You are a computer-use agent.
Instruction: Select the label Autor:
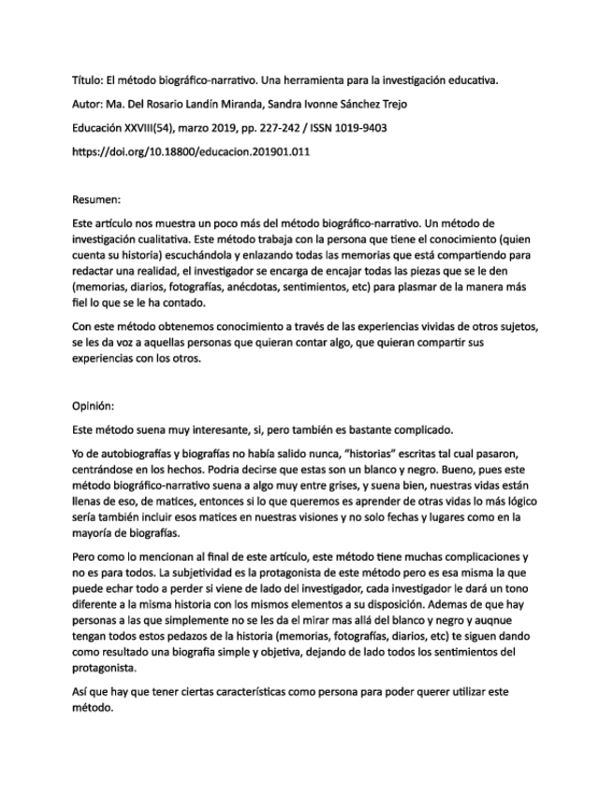pyautogui.click(x=89, y=102)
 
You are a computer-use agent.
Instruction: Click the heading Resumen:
pyautogui.click(x=97, y=198)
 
